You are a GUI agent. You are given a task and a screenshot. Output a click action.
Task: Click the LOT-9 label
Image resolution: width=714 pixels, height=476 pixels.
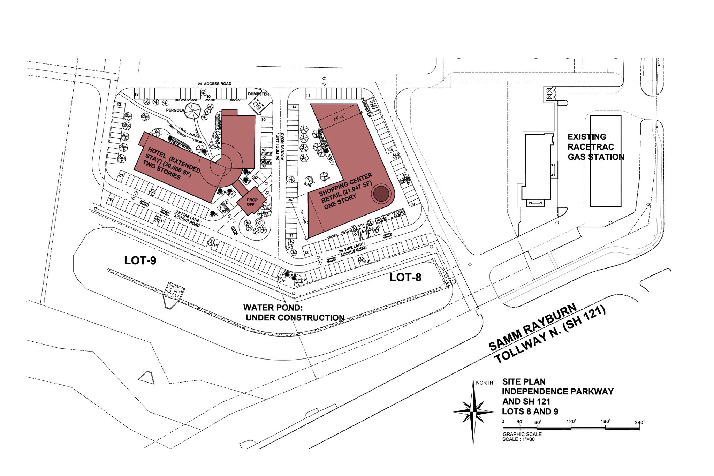click(x=140, y=260)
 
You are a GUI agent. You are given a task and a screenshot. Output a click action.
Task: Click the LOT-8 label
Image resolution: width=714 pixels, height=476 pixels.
click(x=405, y=278)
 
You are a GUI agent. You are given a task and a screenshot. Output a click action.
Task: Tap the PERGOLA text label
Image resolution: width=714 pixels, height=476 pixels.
click(x=166, y=110)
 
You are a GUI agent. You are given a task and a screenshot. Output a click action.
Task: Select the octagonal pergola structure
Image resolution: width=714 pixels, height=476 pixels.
click(x=193, y=111)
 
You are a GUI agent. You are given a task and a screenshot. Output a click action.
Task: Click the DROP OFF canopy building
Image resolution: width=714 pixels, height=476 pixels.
click(x=251, y=202)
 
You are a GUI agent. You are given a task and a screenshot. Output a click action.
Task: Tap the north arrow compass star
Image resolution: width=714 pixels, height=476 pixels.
click(x=473, y=411)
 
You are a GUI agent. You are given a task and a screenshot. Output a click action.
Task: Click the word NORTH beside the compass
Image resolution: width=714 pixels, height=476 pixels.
click(x=485, y=383)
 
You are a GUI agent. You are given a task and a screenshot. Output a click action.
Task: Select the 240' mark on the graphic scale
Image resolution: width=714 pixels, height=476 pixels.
click(x=639, y=422)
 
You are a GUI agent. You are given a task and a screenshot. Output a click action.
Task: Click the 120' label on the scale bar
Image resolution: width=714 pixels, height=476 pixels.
click(x=571, y=422)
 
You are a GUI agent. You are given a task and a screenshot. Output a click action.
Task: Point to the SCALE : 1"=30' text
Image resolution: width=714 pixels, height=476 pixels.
click(x=519, y=439)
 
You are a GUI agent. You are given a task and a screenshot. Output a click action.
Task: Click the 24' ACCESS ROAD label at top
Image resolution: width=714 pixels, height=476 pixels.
click(x=215, y=84)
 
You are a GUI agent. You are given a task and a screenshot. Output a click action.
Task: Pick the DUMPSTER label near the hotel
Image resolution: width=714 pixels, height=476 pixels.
click(x=258, y=94)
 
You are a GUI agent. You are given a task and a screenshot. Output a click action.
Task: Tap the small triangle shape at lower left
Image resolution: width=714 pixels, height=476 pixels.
click(x=146, y=377)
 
